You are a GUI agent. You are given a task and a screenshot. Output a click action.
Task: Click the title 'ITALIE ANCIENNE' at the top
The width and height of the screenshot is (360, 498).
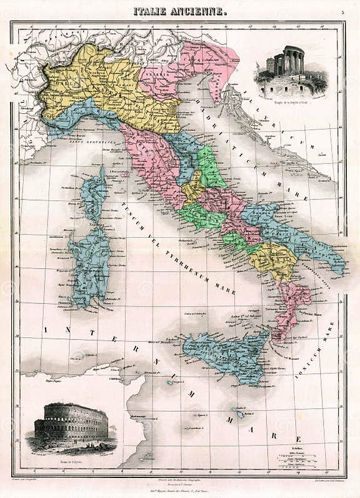(x=180, y=11)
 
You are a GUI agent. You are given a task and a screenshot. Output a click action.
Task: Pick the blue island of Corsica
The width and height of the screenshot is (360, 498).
(x=94, y=194)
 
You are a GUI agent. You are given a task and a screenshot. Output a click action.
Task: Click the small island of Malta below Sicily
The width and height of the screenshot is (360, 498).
(x=239, y=414)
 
